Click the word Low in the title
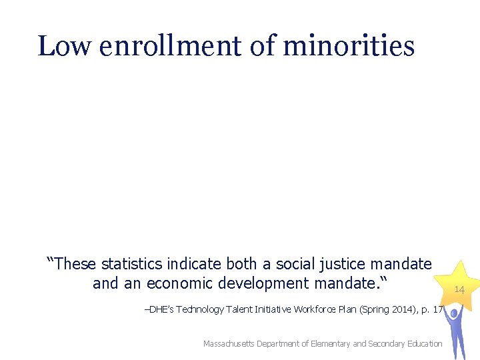point(65,46)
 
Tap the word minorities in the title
point(349,46)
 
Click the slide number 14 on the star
point(459,289)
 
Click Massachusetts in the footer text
point(230,343)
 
